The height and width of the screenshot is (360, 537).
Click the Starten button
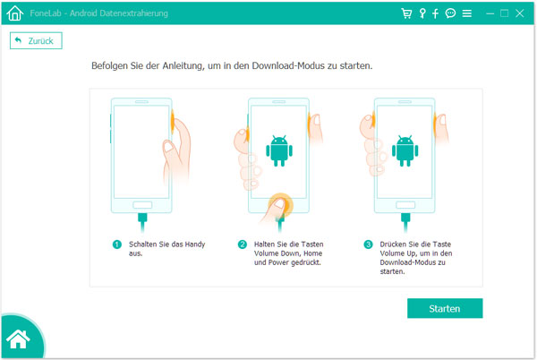(x=445, y=308)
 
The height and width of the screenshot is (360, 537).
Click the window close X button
(x=522, y=13)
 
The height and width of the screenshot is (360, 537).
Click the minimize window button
(x=488, y=13)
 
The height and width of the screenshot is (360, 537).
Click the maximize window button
(x=505, y=13)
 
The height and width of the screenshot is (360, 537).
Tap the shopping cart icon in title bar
(x=406, y=13)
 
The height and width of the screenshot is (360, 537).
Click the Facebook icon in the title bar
(x=435, y=13)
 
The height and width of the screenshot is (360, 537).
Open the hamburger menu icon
(x=466, y=13)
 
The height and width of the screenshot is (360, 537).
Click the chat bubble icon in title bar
(x=450, y=13)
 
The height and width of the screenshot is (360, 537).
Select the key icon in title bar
(x=422, y=13)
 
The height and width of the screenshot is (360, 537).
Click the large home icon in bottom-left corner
(x=19, y=339)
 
